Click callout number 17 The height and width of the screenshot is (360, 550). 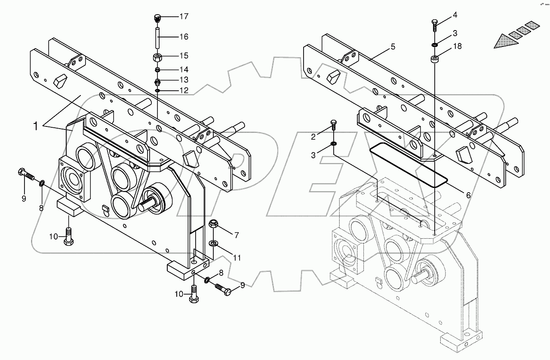pos(184,17)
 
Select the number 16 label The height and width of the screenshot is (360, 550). pos(184,37)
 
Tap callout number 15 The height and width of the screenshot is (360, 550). pos(184,56)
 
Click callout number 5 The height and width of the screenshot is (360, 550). pos(393,47)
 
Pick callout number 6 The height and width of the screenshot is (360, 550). pos(468,195)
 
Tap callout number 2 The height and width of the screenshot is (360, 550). pos(313,137)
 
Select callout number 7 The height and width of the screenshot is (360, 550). pos(236,235)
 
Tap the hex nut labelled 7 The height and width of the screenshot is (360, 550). pos(213,224)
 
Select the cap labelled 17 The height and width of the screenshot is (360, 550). pos(158,18)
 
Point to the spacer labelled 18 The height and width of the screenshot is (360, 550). pos(435,58)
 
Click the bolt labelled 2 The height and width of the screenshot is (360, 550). pos(333,126)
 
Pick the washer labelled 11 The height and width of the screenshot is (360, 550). pos(214,244)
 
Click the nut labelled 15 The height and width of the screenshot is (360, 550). pos(158,56)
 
